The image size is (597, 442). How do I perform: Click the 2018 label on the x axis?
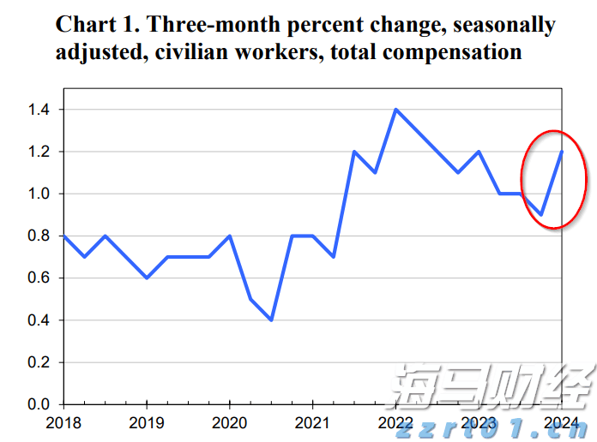(63, 423)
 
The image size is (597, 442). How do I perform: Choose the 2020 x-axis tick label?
(229, 423)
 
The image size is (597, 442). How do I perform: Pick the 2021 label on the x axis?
(312, 423)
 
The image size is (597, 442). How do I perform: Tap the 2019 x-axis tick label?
(147, 423)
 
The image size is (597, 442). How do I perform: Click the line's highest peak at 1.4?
(395, 110)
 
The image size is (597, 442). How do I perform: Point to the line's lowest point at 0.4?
(271, 320)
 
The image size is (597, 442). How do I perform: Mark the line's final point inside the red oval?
(562, 152)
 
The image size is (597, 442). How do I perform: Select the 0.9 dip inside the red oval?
(540, 214)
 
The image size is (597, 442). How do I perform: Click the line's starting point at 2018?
(64, 236)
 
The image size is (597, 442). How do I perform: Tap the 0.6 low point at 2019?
(147, 278)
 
